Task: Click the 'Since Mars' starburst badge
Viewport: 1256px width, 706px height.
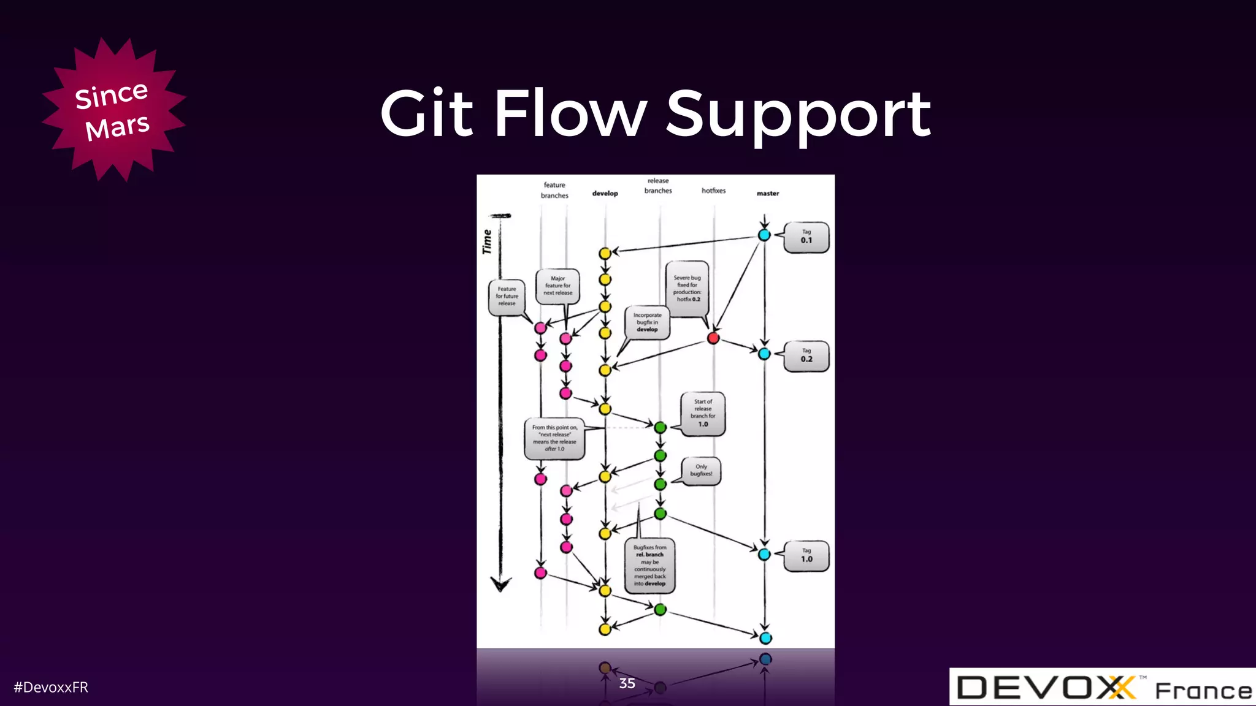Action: point(113,110)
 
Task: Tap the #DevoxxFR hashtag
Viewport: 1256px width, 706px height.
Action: point(51,687)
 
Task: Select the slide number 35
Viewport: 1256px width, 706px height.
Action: point(627,683)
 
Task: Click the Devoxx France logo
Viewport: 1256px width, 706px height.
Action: point(1102,687)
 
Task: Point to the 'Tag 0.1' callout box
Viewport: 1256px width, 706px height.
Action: point(806,237)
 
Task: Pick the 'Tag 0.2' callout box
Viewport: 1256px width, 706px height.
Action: point(806,356)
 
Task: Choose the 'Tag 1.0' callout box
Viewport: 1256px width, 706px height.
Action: point(806,556)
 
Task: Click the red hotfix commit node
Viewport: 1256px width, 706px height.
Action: point(713,338)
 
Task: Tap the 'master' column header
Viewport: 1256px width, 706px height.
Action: point(767,194)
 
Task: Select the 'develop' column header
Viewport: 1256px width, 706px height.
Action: point(605,194)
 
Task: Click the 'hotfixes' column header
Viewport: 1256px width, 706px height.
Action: point(713,191)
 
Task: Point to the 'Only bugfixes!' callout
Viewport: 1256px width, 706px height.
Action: point(701,471)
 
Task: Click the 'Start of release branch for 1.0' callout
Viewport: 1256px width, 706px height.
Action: point(703,414)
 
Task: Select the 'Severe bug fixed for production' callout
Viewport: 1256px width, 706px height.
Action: point(687,289)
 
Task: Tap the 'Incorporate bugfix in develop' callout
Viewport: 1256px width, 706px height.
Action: point(647,322)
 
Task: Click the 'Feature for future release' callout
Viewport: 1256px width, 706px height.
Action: point(507,297)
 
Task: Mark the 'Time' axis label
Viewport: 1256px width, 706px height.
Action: point(488,241)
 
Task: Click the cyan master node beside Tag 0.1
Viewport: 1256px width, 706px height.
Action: point(764,235)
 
